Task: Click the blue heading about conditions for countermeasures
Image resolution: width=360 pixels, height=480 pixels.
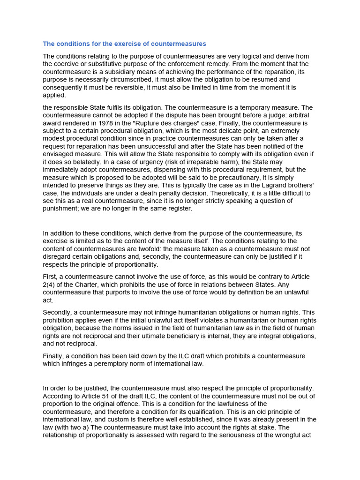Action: tap(124, 44)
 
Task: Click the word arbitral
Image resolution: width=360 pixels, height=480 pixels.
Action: tap(299, 115)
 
